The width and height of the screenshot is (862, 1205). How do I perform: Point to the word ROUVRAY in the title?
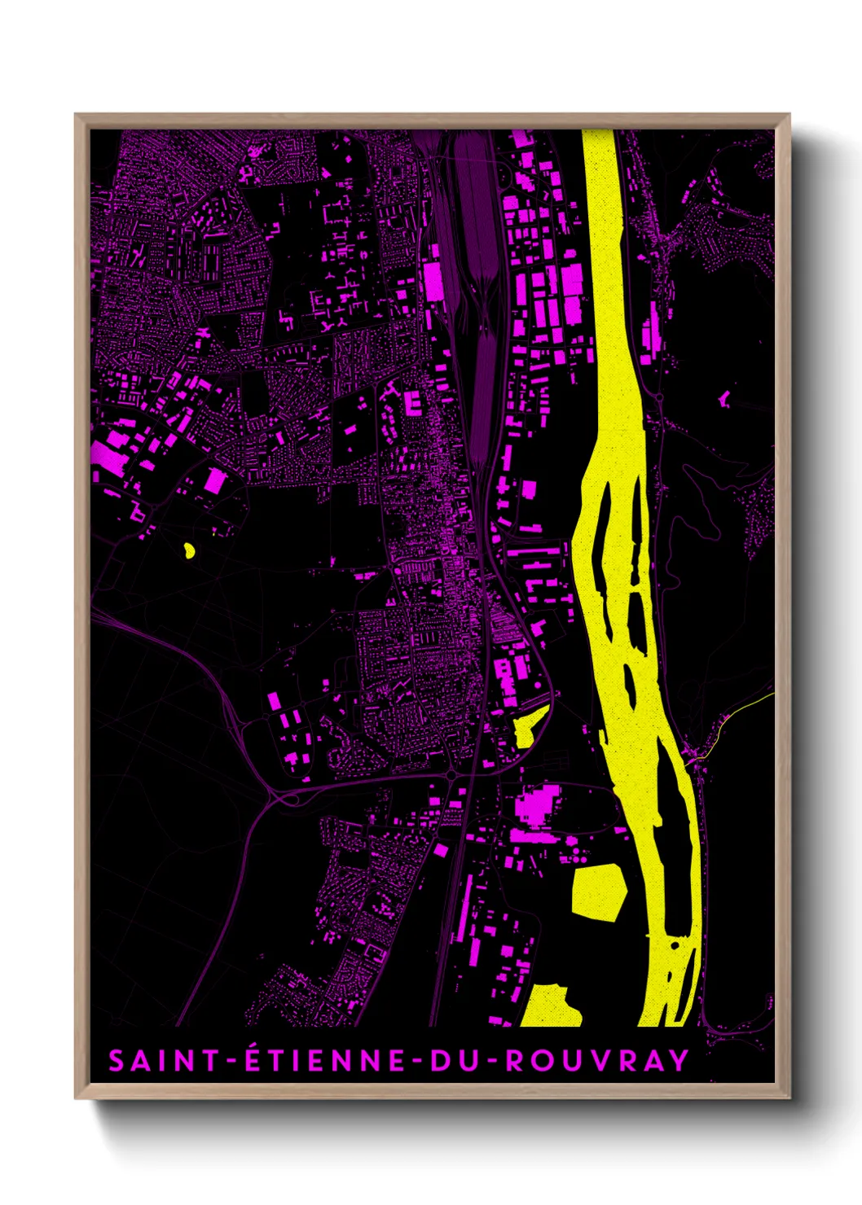pos(597,1060)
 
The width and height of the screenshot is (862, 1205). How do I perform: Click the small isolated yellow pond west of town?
pos(189,550)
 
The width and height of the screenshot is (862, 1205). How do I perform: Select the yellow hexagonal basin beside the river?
pos(598,890)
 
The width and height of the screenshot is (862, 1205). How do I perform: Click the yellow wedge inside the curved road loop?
pos(530,724)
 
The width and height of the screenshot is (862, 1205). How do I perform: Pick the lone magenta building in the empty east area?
pos(723,398)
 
